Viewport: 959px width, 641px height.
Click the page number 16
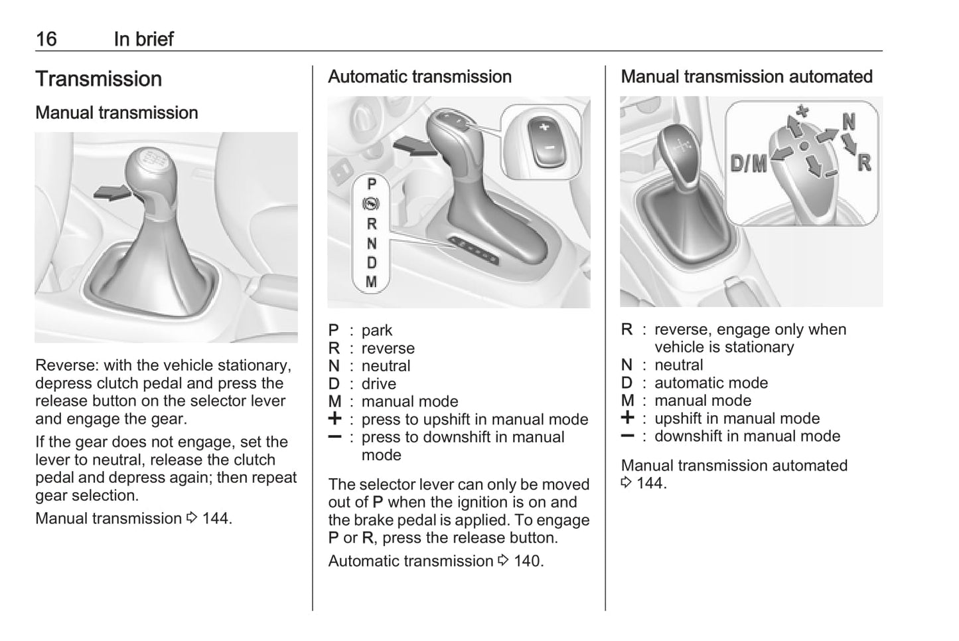(46, 39)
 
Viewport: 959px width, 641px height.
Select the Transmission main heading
(98, 79)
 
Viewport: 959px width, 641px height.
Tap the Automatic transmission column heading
(419, 77)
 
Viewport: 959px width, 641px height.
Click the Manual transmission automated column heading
(746, 77)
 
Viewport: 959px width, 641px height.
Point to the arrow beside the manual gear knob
(111, 193)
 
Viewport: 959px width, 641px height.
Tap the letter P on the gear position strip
(372, 184)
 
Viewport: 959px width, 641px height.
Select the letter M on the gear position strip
(372, 282)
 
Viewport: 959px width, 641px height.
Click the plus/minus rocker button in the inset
(544, 139)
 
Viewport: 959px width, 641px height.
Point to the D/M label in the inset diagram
(748, 163)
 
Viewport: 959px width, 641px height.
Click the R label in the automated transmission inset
(863, 163)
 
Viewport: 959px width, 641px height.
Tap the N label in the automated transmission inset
(848, 122)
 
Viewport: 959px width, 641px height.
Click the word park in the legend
(376, 331)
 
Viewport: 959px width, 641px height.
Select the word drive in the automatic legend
(378, 384)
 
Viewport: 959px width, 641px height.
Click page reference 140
(528, 561)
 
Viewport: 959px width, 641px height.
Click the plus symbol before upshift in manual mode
(627, 418)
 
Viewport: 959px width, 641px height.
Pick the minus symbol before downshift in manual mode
(627, 436)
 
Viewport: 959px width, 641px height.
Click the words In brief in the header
(143, 39)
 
